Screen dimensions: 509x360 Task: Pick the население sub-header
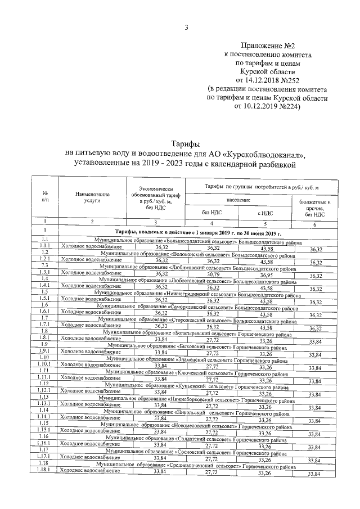[x=238, y=200]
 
